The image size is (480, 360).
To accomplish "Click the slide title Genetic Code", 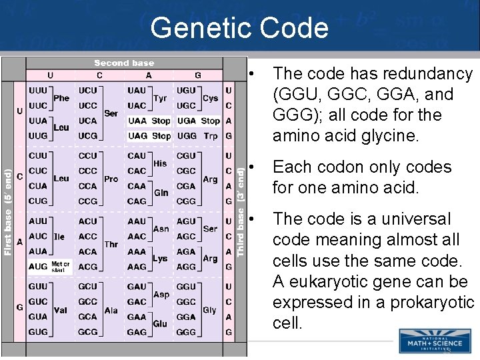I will point(239,28).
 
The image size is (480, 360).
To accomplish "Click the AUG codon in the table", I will point(38,267).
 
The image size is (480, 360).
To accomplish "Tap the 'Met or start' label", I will point(61,267).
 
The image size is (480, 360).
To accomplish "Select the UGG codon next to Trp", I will point(186,136).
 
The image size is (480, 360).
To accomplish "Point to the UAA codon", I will point(137,121).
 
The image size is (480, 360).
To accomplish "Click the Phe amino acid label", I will point(61,98).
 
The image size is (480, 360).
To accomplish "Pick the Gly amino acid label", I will point(210,309).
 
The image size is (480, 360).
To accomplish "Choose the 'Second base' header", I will point(124,63).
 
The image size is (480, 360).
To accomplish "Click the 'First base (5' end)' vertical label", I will point(8,212).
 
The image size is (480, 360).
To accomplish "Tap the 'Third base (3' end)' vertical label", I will point(241,212).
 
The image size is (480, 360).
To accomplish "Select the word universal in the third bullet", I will point(409,219).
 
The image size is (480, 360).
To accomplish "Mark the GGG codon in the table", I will point(186,332).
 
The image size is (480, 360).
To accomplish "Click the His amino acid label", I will point(160,163).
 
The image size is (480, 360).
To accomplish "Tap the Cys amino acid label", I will point(210,98).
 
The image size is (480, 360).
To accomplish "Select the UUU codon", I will point(38,91).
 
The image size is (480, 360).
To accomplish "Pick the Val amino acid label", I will point(61,309).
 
